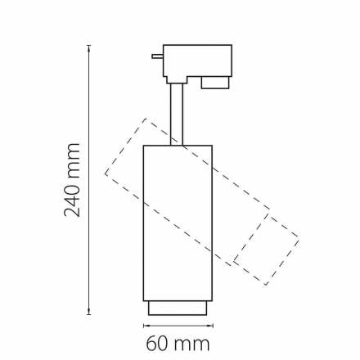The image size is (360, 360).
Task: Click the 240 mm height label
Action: [x=72, y=180]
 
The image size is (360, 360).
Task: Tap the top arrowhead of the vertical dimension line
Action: [x=89, y=47]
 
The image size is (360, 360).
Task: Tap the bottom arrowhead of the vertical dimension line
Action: [x=89, y=313]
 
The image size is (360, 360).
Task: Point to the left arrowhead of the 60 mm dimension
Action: [x=146, y=325]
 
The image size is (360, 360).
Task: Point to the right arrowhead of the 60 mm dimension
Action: [x=210, y=325]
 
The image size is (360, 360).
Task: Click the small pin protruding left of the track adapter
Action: [x=157, y=56]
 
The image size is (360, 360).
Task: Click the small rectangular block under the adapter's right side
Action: [x=214, y=83]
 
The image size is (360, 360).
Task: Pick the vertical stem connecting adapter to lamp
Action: [x=177, y=114]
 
